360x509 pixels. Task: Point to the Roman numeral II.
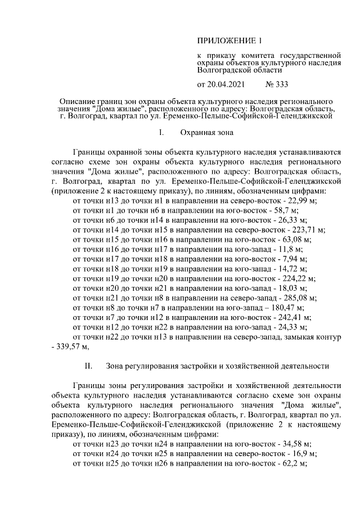88,366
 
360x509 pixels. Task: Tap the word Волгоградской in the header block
223,71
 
